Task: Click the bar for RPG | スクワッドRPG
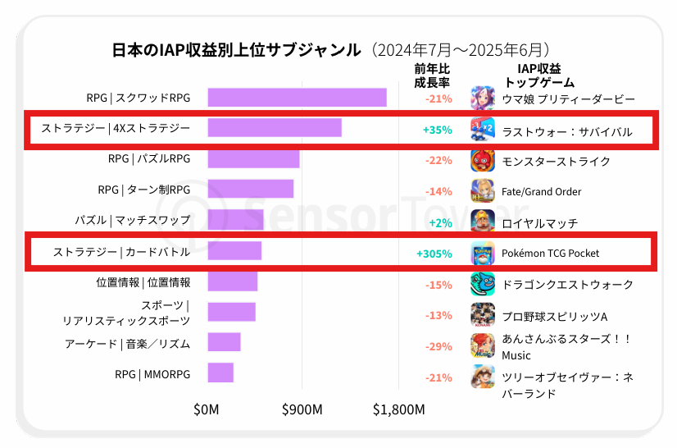coord(297,98)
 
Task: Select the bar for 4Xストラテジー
coord(275,128)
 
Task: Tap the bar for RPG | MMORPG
coord(220,374)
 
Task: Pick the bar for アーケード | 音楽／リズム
coord(224,343)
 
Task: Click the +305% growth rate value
coord(434,254)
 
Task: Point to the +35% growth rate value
coord(438,130)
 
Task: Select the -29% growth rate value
coord(438,346)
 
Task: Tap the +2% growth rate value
coord(440,222)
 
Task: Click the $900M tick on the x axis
coord(302,409)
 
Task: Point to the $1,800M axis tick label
coord(398,409)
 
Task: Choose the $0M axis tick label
coord(207,409)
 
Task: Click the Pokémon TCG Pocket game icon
coord(483,254)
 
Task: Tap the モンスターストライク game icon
coord(483,160)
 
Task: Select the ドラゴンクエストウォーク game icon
coord(483,284)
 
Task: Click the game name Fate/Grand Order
coord(541,191)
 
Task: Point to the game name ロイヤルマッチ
coord(539,222)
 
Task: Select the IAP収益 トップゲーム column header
coord(539,75)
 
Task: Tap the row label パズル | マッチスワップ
coord(132,221)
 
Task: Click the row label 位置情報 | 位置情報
coord(143,282)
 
